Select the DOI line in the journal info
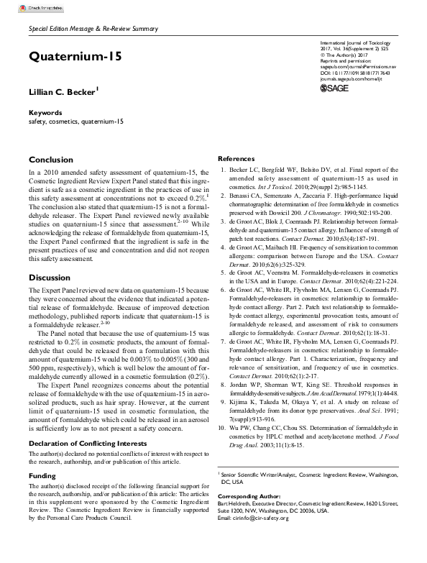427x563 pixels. coord(354,73)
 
